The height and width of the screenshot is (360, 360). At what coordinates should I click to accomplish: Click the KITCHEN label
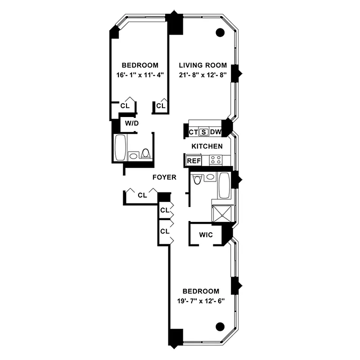point(207,146)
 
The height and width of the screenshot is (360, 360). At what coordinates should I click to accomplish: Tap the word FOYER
point(164,177)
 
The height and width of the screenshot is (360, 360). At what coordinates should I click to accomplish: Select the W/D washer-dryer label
point(131,123)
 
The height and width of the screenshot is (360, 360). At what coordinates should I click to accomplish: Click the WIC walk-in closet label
point(206,235)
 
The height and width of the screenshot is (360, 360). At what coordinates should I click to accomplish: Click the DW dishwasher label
point(216,132)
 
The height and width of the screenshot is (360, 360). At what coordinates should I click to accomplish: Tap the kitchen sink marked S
point(204,132)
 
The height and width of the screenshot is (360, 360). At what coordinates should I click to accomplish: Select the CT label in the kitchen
point(193,132)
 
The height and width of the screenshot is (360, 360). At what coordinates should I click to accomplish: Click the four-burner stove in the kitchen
point(215,160)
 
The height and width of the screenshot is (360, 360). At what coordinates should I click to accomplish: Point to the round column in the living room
point(220,32)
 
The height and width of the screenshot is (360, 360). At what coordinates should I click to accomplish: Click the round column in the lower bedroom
point(220,326)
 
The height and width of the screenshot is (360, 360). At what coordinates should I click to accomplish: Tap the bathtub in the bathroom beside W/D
point(120,148)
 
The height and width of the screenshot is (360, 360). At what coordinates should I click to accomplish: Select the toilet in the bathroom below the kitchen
point(196,180)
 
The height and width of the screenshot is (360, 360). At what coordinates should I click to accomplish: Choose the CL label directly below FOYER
point(142,195)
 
